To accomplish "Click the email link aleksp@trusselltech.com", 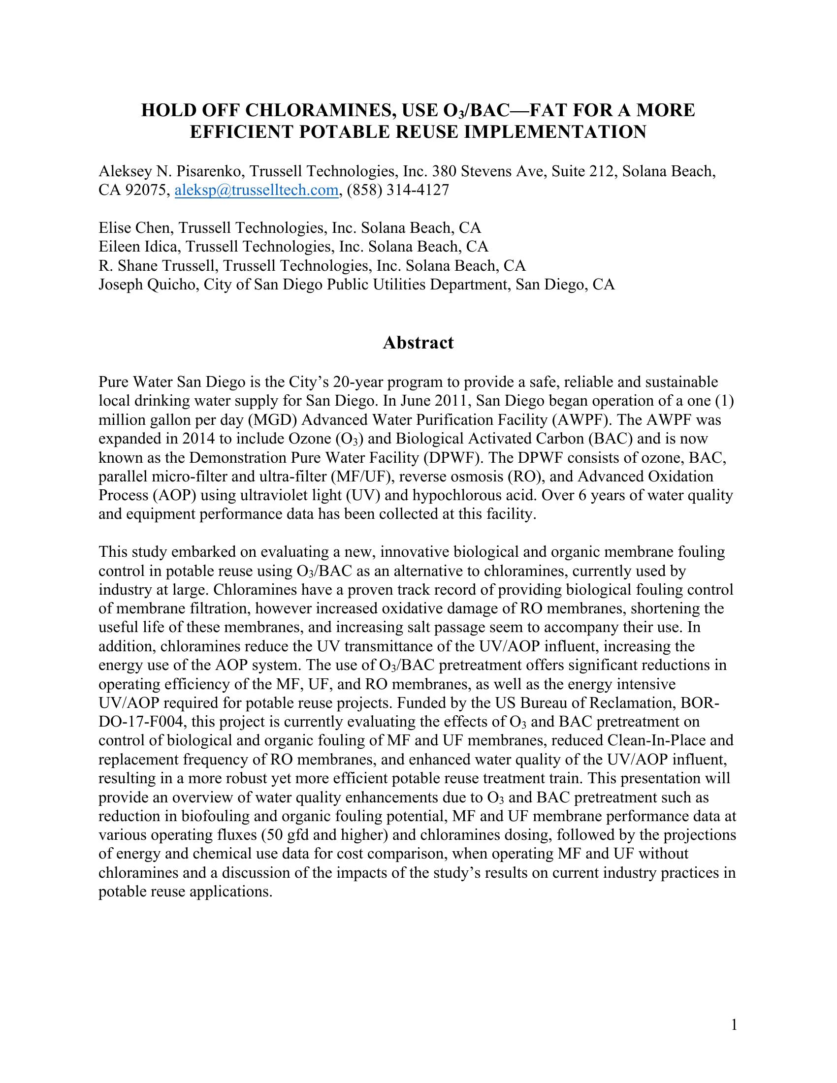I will pos(257,190).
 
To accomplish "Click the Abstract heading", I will pos(418,343).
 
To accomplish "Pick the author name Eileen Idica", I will pos(138,247).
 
